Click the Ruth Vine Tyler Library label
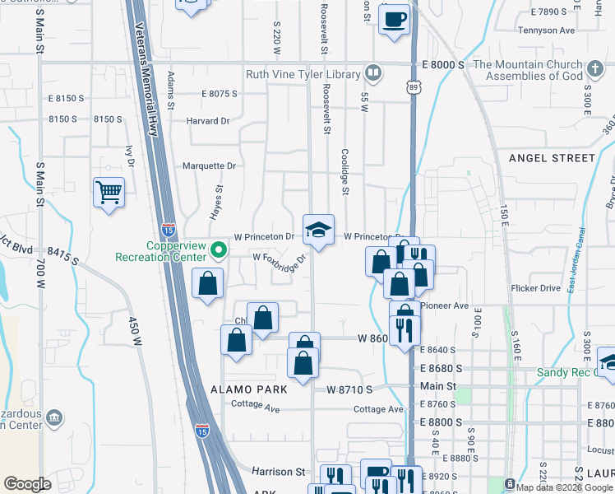(303, 75)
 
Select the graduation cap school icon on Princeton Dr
(319, 231)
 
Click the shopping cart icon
(109, 193)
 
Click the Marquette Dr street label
(209, 165)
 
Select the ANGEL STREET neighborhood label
(552, 157)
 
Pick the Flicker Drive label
(535, 288)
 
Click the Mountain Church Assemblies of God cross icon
(595, 68)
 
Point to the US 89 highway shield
(412, 86)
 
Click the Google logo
(27, 484)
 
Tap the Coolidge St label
(345, 171)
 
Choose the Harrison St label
(278, 472)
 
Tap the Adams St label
(171, 90)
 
